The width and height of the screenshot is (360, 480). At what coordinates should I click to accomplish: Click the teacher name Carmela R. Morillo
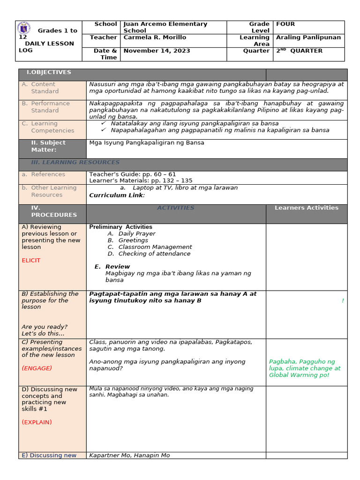pyautogui.click(x=155, y=37)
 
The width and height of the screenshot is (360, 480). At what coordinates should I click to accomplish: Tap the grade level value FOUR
pyautogui.click(x=285, y=24)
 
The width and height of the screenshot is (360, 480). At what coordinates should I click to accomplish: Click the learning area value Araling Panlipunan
pyautogui.click(x=308, y=37)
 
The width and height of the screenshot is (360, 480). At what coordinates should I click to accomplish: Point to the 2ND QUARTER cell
pyautogui.click(x=300, y=51)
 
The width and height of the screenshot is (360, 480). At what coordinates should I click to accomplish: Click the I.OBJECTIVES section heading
pyautogui.click(x=49, y=72)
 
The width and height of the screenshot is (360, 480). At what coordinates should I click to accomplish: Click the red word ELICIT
pyautogui.click(x=31, y=260)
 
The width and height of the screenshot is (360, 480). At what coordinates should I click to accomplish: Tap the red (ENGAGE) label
pyautogui.click(x=37, y=368)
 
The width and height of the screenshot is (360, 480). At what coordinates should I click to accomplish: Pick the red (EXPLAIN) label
pyautogui.click(x=37, y=422)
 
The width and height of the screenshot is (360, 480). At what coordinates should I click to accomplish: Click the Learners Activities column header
pyautogui.click(x=306, y=208)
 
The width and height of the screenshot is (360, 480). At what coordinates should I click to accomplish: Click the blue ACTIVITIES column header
pyautogui.click(x=175, y=208)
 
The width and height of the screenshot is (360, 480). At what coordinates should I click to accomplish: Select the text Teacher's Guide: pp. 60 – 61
pyautogui.click(x=133, y=174)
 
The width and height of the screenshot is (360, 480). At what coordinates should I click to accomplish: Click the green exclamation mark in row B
pyautogui.click(x=343, y=300)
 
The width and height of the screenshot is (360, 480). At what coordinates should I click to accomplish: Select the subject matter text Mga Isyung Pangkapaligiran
pyautogui.click(x=146, y=142)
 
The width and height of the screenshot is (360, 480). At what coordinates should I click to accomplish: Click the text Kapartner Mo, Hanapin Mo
pyautogui.click(x=129, y=455)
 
